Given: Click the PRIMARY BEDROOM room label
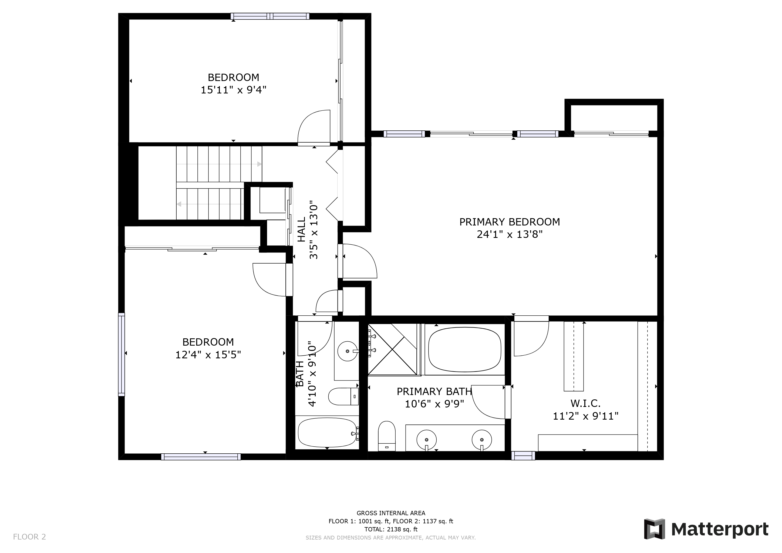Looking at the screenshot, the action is [510, 222].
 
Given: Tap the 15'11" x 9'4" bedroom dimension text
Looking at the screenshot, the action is [233, 90].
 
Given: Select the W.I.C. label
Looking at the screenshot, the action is [585, 403].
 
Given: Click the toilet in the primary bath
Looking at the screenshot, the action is [387, 436].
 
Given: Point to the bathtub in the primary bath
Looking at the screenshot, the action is [464, 350].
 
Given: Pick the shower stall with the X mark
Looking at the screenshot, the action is [392, 349].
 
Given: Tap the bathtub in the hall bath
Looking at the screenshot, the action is [327, 433].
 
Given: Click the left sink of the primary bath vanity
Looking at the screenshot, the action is [426, 440].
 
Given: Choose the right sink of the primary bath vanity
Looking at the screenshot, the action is [482, 440].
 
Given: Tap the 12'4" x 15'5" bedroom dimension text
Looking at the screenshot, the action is [208, 355].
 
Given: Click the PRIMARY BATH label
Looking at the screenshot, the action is [434, 392].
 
